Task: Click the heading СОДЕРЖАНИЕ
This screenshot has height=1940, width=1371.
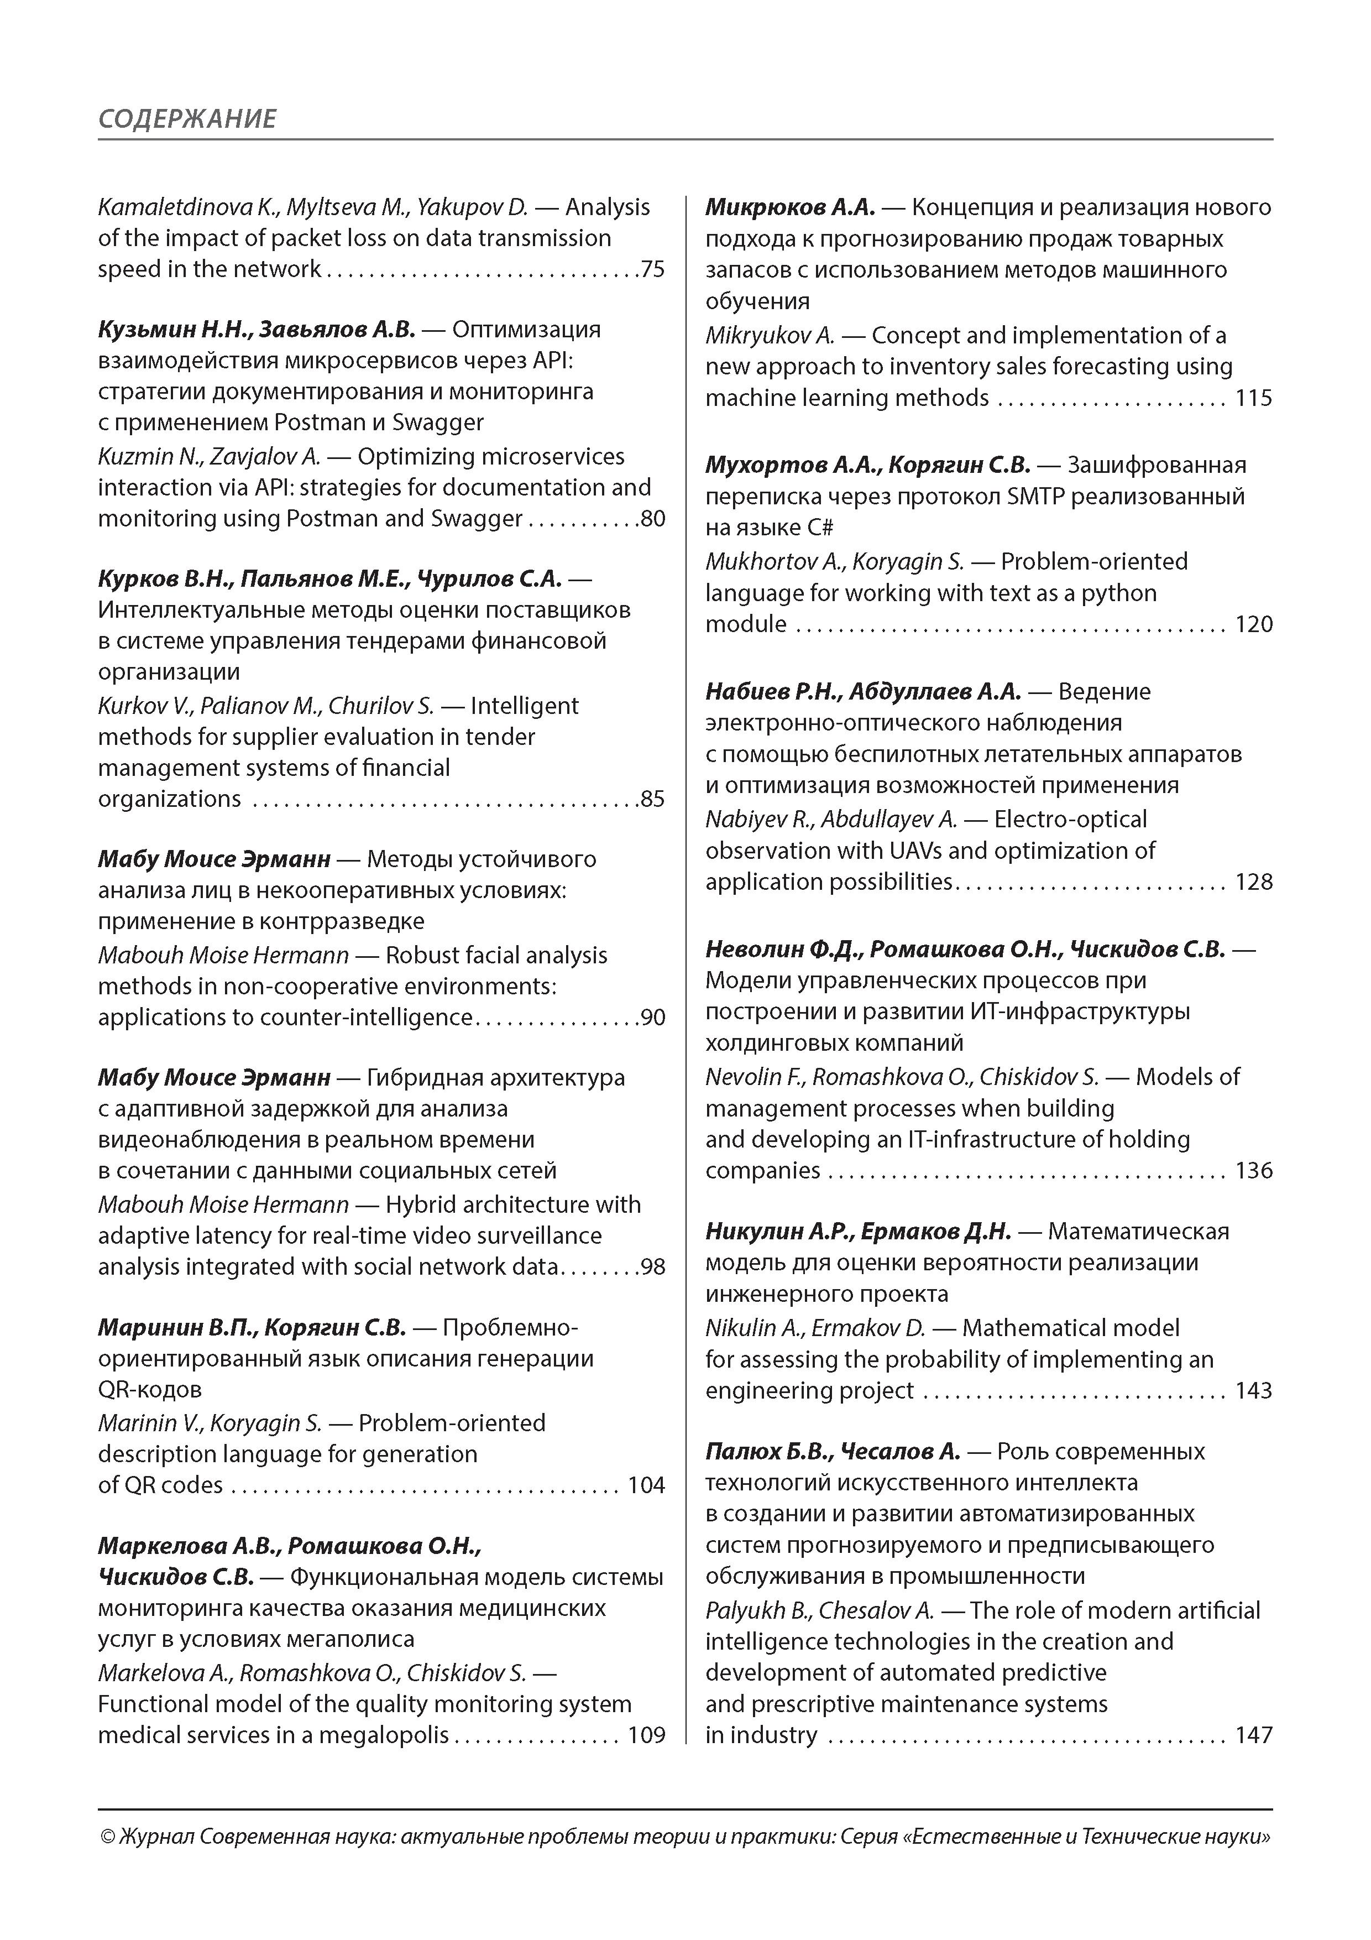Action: click(187, 118)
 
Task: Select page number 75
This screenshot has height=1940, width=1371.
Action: click(653, 269)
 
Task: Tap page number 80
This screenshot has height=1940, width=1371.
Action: click(653, 519)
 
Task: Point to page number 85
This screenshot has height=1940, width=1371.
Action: click(653, 799)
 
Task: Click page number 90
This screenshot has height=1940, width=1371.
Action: click(653, 1018)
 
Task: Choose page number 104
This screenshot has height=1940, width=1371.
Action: click(646, 1485)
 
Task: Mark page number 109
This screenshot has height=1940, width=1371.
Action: click(646, 1735)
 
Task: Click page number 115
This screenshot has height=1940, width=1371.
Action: click(1254, 399)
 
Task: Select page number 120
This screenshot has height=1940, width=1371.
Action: click(1254, 624)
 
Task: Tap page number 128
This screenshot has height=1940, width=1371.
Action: click(1254, 882)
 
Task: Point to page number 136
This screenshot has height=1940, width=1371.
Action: click(1254, 1171)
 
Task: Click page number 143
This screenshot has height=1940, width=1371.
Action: click(1254, 1391)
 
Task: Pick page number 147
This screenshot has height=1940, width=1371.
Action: click(1254, 1735)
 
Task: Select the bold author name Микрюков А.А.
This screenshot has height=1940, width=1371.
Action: click(790, 207)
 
